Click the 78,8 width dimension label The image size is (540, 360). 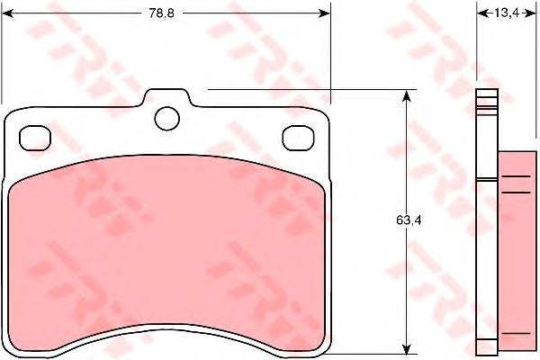tap(161, 13)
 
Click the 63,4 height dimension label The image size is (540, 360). tap(409, 220)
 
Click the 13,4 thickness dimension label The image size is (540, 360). tap(506, 13)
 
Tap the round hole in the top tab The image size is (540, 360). tap(167, 119)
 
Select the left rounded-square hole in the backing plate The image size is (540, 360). tap(35, 138)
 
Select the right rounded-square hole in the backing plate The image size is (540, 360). tap(298, 138)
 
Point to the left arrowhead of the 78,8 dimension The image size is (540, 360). tap(7, 13)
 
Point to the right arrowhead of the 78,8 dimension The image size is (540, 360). tap(324, 13)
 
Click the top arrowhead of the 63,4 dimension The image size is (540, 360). tap(407, 96)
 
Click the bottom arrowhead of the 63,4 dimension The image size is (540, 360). tap(407, 348)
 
